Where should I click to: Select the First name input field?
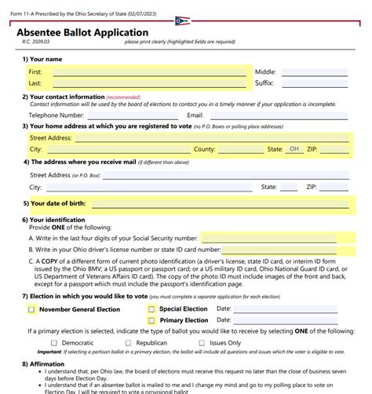(x=149, y=71)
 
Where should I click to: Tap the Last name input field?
(x=149, y=82)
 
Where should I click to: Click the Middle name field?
(x=314, y=71)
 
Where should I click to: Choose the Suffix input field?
(x=314, y=82)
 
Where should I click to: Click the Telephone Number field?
(x=137, y=115)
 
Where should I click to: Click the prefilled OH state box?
(x=295, y=148)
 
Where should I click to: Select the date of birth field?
(x=220, y=203)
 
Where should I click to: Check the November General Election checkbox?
(x=32, y=309)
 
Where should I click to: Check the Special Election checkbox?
(x=151, y=309)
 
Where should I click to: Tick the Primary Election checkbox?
(x=151, y=320)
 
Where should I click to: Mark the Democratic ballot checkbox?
(x=54, y=343)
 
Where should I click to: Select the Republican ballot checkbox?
(x=129, y=343)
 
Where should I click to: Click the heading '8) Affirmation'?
(x=48, y=365)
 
